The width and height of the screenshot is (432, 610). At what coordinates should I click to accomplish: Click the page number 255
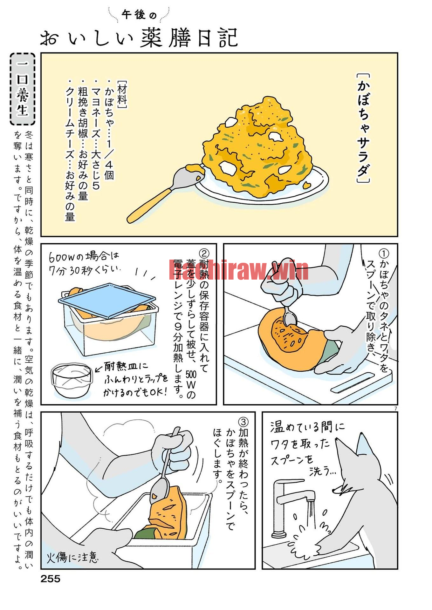pos(50,579)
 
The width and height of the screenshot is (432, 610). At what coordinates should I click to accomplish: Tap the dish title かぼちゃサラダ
pos(363,128)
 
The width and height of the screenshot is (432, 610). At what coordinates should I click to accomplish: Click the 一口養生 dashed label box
pos(23,89)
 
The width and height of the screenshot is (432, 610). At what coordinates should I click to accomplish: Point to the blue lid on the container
pos(107,300)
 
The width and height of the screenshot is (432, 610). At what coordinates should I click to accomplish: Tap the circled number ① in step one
pos(384,254)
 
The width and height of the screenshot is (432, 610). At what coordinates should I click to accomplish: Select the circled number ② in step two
pos(204,253)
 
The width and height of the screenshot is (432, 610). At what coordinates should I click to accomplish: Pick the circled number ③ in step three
pos(243,422)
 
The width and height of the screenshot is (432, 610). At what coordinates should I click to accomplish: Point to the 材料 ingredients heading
pos(122,95)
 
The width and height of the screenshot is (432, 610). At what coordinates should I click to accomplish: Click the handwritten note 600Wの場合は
pos(84,257)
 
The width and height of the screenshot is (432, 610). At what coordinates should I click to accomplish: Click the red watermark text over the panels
pos(238,270)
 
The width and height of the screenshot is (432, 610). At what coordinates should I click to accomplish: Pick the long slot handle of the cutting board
pos(353,382)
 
